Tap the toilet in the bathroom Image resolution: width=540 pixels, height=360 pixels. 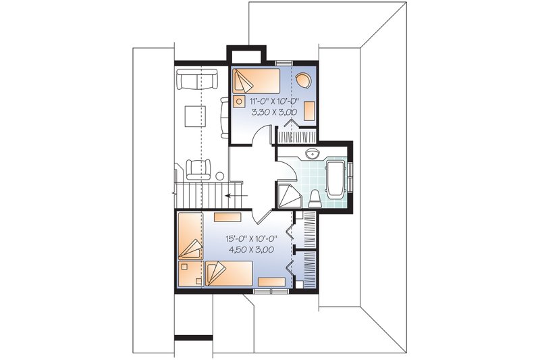click(316, 197)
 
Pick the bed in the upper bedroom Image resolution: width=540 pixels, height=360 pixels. click(256, 82)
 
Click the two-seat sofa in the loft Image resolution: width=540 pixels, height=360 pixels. click(196, 79)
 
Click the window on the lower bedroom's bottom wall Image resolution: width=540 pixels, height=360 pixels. click(271, 290)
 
